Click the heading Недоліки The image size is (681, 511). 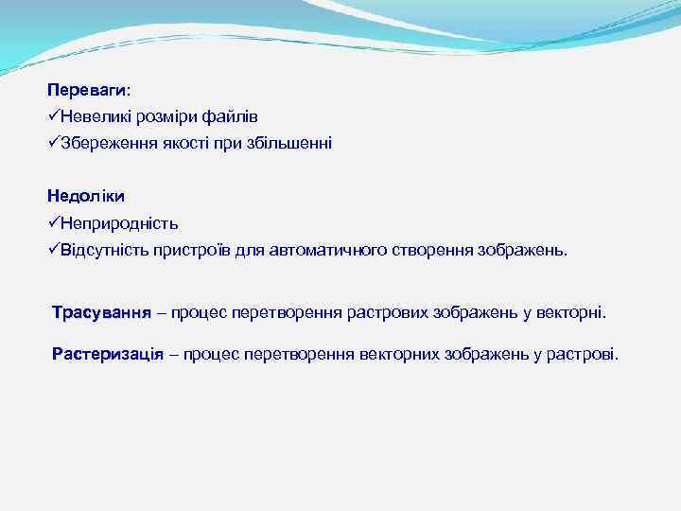(x=86, y=197)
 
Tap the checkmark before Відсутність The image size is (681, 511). (x=53, y=251)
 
